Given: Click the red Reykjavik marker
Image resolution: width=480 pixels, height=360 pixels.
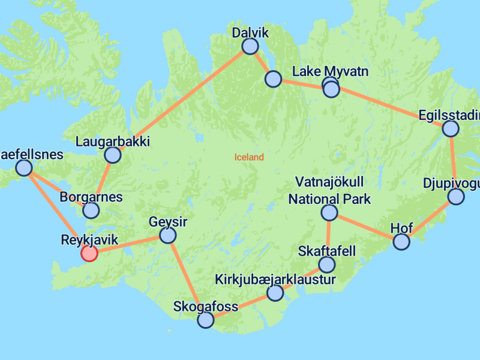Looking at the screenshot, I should point(89,254).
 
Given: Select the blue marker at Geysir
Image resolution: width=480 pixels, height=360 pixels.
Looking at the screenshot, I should point(168,235).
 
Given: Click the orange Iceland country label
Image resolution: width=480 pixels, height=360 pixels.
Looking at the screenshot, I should point(249,157).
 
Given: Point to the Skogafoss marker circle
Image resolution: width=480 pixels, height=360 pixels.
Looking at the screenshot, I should point(206,320).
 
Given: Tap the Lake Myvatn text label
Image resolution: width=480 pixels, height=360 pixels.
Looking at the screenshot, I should point(329,72).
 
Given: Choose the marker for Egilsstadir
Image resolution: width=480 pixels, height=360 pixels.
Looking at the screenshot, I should point(450,128).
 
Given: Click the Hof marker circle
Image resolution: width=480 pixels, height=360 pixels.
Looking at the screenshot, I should point(401,242).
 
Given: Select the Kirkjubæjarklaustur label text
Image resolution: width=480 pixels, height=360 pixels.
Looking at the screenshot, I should point(275,280).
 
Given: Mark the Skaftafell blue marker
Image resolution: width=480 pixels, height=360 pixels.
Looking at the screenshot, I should point(326,265).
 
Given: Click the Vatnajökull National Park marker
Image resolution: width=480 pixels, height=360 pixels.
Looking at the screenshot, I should point(329,212).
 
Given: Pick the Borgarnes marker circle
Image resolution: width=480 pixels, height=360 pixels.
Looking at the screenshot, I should point(91,211).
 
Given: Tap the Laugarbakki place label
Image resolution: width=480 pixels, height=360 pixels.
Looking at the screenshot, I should point(113,142).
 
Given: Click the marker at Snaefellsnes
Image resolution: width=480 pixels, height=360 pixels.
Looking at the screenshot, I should point(23,168).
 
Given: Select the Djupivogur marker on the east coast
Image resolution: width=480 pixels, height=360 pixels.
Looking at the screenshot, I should point(456,197).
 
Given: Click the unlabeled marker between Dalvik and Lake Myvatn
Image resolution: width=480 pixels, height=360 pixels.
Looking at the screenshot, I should point(273,79).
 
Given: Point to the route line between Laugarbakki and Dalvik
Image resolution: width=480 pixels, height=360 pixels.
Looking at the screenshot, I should point(180,101).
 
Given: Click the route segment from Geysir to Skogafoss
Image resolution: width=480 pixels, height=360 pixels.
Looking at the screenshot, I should point(187,277).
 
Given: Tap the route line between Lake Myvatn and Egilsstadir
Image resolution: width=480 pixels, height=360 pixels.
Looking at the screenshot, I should point(390,109).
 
